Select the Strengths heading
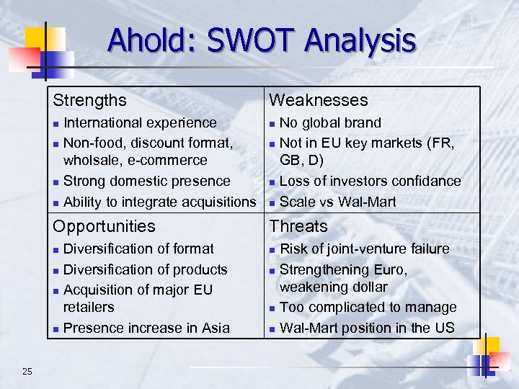89,100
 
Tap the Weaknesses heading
318,100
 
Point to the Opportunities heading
104,226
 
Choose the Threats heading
298,226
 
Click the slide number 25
27,372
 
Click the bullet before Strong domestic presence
56,182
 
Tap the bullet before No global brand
272,123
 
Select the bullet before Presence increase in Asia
56,328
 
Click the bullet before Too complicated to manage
272,308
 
